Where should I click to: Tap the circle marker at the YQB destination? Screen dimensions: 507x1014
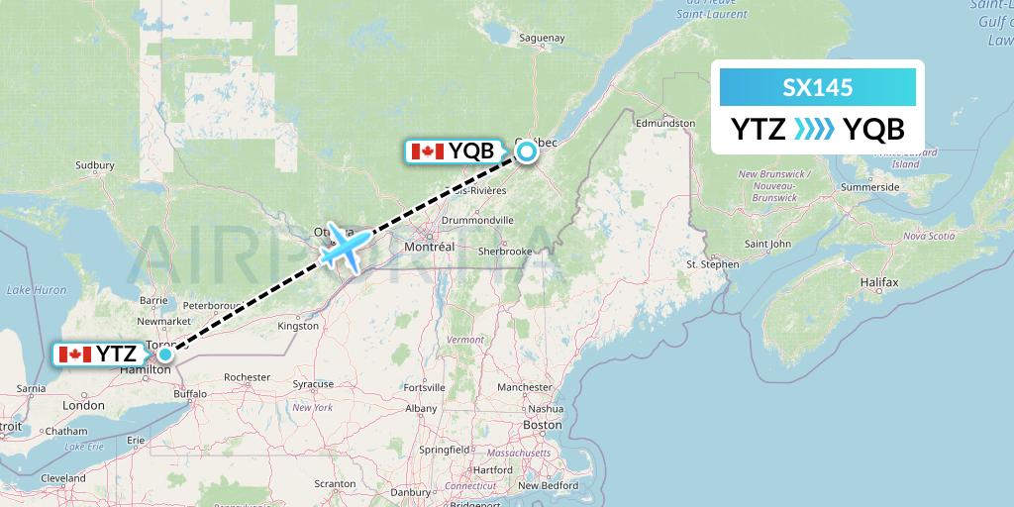coord(527,152)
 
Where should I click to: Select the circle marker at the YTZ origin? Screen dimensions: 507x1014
coord(165,355)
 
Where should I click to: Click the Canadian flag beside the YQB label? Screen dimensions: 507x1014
coord(427,152)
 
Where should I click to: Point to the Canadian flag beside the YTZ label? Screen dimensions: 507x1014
coord(75,355)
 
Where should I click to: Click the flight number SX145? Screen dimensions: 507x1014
coord(817,88)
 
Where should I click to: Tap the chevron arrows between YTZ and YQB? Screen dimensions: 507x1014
coord(815,129)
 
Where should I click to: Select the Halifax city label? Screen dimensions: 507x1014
coord(878,283)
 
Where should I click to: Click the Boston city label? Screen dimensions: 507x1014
coord(542,425)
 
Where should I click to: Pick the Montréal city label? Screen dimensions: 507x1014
coord(430,246)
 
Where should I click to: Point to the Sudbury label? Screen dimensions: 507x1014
coord(95,165)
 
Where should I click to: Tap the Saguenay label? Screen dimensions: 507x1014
coord(540,38)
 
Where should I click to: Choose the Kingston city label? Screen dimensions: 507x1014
coord(298,325)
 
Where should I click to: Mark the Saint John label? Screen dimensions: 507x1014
coord(767,244)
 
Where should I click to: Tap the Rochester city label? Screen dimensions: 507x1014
coord(247,377)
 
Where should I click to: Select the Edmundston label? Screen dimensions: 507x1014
coord(665,123)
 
